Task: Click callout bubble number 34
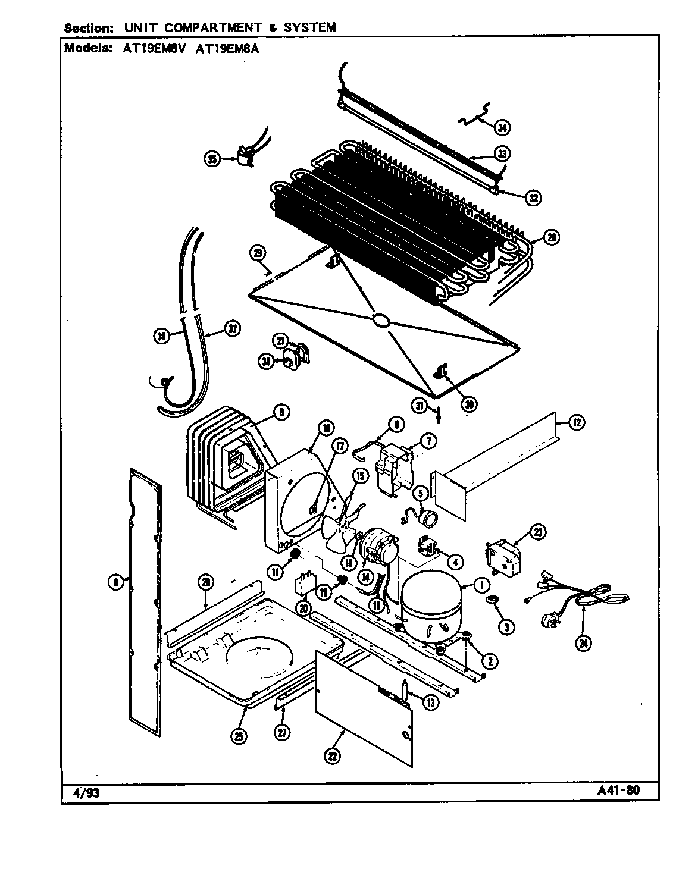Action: [503, 127]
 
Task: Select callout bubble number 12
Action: [576, 423]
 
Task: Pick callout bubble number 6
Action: [115, 583]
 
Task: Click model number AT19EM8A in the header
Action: [234, 49]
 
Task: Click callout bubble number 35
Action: [212, 158]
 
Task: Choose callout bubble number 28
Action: [552, 237]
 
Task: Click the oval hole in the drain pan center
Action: [380, 321]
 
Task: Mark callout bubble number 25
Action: [239, 736]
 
